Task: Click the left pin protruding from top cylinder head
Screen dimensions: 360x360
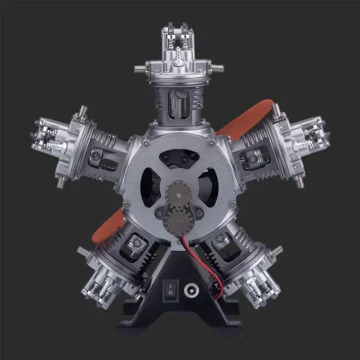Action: (141, 64)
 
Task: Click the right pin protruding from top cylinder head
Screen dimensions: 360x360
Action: (219, 64)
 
